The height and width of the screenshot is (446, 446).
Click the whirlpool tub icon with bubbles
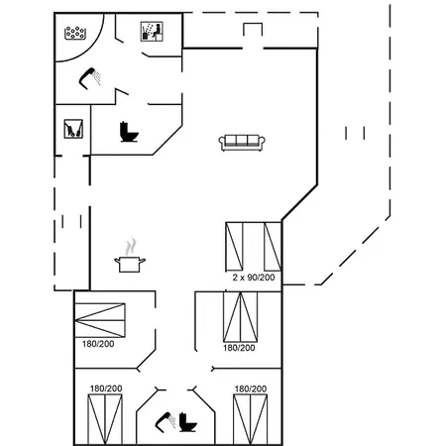[75, 33]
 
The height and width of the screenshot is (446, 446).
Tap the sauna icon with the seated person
[152, 32]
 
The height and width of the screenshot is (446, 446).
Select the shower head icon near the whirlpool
[89, 78]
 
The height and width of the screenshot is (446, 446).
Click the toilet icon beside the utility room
[129, 132]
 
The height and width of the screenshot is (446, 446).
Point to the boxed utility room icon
[73, 129]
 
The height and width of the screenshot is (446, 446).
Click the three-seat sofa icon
[242, 143]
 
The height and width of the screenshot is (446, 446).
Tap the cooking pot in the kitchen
[130, 265]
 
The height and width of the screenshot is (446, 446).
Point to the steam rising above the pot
[131, 246]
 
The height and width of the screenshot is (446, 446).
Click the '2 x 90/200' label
[254, 278]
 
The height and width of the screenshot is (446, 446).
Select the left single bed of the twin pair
[234, 247]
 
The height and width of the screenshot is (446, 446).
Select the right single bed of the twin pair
[273, 247]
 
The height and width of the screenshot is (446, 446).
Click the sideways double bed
[100, 320]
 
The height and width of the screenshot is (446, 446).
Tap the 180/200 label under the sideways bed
[98, 344]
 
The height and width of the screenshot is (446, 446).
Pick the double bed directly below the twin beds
[241, 317]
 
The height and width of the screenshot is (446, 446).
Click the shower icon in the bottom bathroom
[166, 422]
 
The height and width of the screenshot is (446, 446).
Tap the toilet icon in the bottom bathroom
[188, 422]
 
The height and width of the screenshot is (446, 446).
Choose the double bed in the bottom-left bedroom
[105, 419]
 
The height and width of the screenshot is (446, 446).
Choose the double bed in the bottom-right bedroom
[250, 419]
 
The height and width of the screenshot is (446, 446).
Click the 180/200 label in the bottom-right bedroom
[251, 389]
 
